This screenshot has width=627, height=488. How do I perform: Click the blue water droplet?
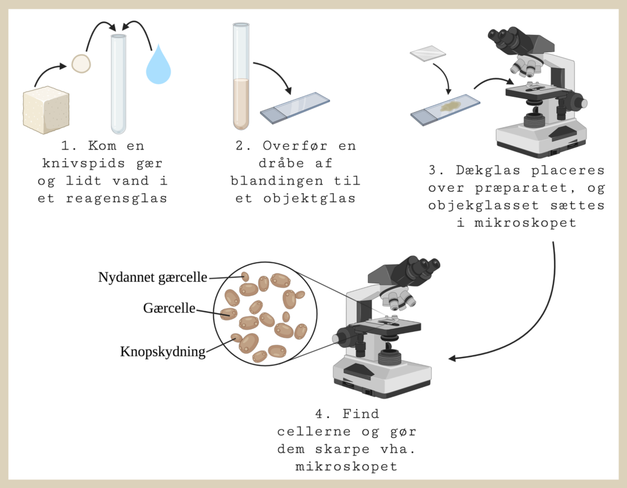159,66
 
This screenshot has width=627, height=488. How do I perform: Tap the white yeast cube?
46,110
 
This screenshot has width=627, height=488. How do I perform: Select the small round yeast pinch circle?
81,64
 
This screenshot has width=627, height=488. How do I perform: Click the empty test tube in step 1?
118,84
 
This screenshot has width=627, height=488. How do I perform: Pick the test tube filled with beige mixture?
241,77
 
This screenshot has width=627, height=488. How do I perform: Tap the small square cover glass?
428,54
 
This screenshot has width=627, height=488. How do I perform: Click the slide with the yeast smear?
445,110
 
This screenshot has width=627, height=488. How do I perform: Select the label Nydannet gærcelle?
152,277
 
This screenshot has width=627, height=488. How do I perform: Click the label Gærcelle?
169,308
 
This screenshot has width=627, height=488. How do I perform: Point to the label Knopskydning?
163,351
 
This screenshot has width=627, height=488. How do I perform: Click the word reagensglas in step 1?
116,198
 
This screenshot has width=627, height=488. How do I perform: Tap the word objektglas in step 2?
309,198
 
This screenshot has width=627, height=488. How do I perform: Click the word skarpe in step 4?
342,449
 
